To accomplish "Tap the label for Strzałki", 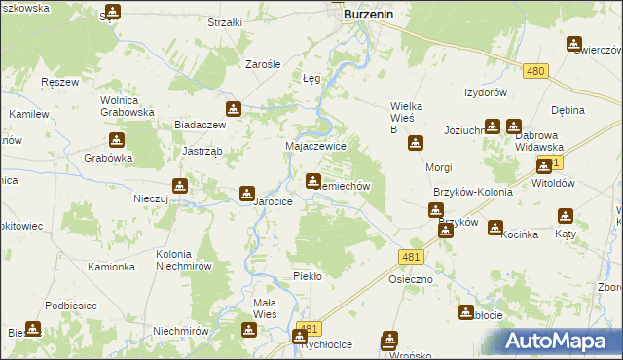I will tap(227, 21).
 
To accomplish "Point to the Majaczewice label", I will tap(315, 145).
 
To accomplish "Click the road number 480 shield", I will tap(534, 71).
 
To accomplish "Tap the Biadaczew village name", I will tap(200, 125).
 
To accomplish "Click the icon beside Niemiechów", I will tap(312, 179).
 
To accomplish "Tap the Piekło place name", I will tap(308, 276).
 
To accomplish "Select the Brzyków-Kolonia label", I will tap(472, 193).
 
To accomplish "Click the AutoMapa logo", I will tap(562, 342).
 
